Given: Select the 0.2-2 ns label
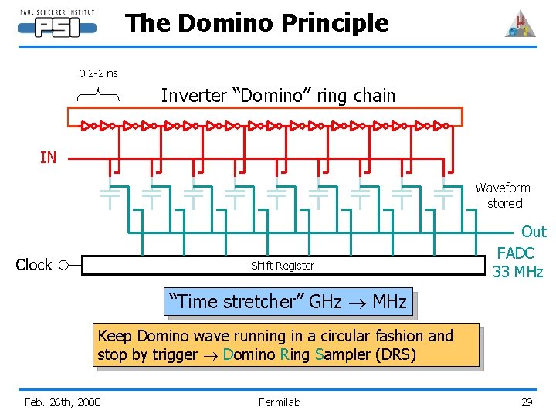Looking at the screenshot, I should (98, 73).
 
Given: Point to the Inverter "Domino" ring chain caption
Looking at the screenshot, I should (278, 96).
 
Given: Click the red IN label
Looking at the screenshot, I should (48, 158).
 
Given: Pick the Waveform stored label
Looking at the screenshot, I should (503, 195).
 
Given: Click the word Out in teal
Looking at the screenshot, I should (534, 232).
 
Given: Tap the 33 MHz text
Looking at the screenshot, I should (518, 272).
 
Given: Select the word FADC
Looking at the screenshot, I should (515, 253).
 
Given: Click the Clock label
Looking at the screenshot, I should (34, 265).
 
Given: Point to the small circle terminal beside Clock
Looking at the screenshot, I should (63, 265).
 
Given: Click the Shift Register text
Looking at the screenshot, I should (283, 266).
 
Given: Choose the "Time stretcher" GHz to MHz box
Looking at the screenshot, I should (288, 302).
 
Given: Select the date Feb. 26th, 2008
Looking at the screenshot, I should (63, 402).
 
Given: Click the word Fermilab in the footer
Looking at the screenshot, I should (280, 402).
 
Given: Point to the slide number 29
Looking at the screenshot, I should (527, 402).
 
